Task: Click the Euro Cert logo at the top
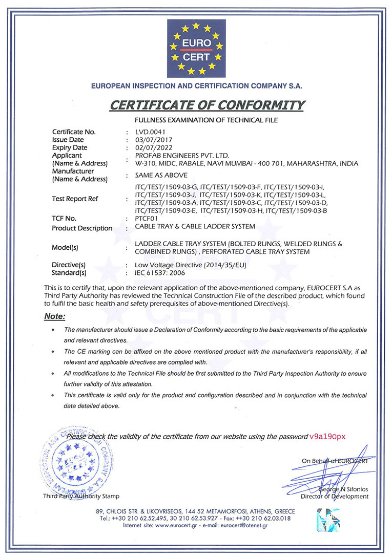pos(196,49)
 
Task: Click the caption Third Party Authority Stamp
pos(81,496)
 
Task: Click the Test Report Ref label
pos(75,199)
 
